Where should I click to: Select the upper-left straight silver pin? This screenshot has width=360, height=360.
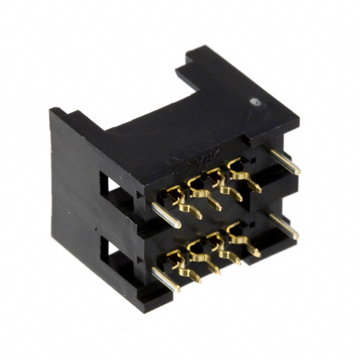166,215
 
